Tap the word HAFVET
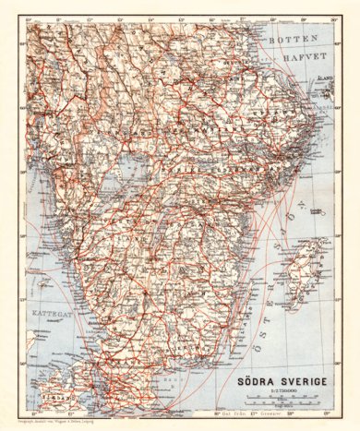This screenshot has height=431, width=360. pos(301,55)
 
